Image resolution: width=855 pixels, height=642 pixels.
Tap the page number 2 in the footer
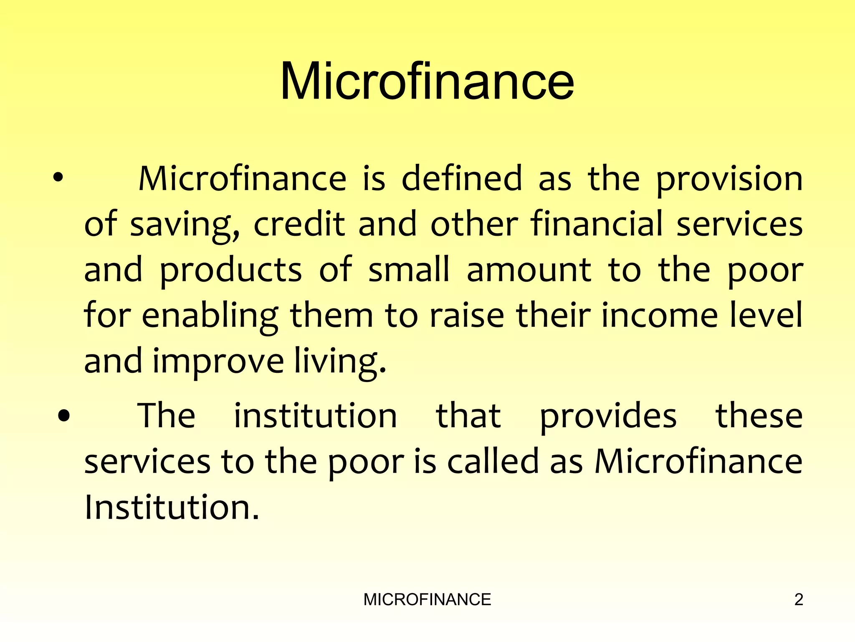coord(798,600)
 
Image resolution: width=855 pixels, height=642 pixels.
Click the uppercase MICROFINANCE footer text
coord(427,600)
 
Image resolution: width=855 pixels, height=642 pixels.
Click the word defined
coord(462,178)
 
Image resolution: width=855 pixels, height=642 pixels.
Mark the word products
coord(230,270)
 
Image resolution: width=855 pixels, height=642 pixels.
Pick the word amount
coord(529,270)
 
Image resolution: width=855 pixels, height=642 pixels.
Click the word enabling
coord(210,316)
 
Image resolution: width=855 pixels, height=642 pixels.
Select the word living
coord(340,362)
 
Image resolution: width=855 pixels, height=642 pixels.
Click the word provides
coord(608,417)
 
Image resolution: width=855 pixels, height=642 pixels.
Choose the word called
coord(493,462)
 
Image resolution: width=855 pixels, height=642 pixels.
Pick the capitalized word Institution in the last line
coord(172,507)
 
